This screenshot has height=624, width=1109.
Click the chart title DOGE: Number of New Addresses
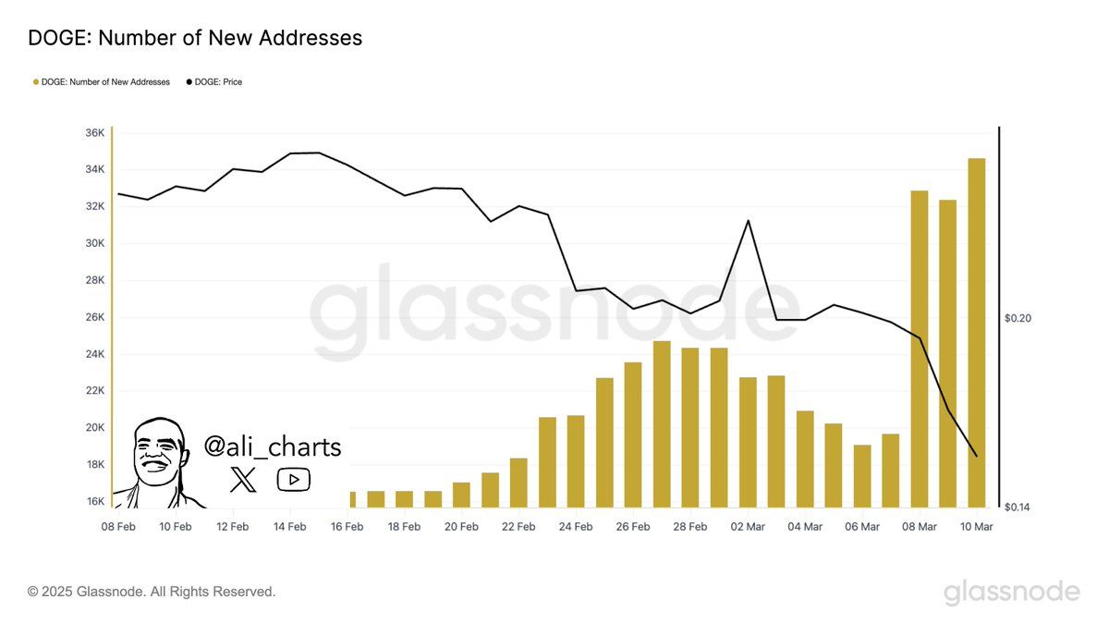tap(195, 38)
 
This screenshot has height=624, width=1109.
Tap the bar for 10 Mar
tap(976, 333)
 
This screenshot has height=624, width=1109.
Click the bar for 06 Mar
tap(862, 476)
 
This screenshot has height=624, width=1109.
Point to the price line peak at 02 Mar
tap(748, 221)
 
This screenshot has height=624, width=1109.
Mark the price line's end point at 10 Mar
tap(976, 455)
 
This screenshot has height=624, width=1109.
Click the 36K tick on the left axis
tap(95, 133)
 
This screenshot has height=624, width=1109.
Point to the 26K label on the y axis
tap(95, 317)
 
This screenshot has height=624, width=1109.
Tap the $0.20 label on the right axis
tap(1018, 318)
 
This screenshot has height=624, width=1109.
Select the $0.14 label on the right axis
tap(1018, 507)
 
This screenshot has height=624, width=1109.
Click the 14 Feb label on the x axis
tap(289, 527)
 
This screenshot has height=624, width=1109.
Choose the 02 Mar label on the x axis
tap(748, 527)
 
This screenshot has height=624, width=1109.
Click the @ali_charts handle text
tap(273, 447)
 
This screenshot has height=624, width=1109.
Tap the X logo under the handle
tap(244, 479)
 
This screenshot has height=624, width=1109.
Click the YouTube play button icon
tap(294, 479)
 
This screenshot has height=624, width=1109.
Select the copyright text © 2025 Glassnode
tap(152, 592)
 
